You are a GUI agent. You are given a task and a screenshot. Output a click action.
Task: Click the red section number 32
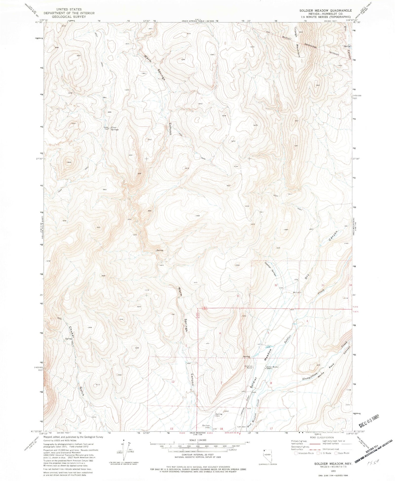click(276, 285)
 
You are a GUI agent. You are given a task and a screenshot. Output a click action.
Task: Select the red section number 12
click(173, 381)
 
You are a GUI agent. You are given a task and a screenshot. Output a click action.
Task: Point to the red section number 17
click(271, 428)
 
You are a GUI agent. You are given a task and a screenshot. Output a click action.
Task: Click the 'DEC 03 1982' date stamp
click(369, 417)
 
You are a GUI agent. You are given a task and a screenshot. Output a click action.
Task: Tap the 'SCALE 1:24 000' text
click(197, 440)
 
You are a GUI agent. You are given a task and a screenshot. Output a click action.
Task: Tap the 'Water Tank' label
click(106, 128)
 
